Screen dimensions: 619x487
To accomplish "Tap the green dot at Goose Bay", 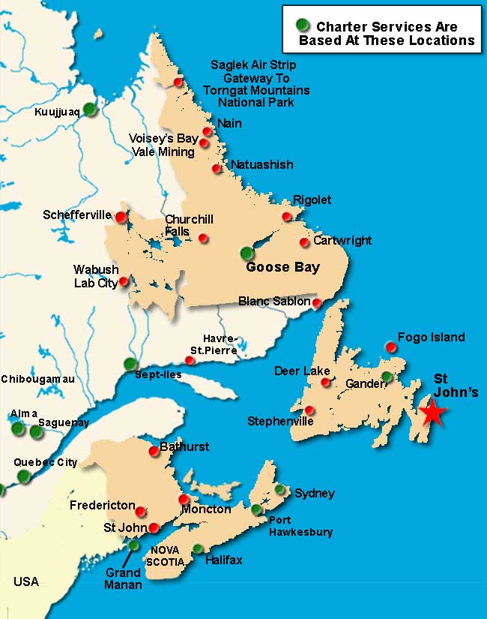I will tap(247, 253).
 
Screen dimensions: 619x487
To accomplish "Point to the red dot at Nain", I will tap(208, 131).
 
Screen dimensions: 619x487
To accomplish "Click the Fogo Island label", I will tap(431, 337).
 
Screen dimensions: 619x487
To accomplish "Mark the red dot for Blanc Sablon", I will tap(317, 303).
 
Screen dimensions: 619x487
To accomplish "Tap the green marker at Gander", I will tap(387, 377).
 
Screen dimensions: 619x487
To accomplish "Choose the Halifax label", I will tap(226, 560).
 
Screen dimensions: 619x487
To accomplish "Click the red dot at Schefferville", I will tap(121, 217).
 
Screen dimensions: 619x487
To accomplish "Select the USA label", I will tap(25, 581).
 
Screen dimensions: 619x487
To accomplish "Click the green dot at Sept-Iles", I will tap(130, 365).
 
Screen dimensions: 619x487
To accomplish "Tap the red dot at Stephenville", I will tap(310, 410).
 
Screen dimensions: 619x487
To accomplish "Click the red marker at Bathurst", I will tap(154, 450).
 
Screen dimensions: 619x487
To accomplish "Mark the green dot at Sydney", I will tap(279, 490).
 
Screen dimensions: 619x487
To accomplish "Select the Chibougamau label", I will tap(38, 379).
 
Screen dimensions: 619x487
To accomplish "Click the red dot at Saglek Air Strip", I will tap(178, 83).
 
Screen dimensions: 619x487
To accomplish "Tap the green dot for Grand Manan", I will tap(134, 545).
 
